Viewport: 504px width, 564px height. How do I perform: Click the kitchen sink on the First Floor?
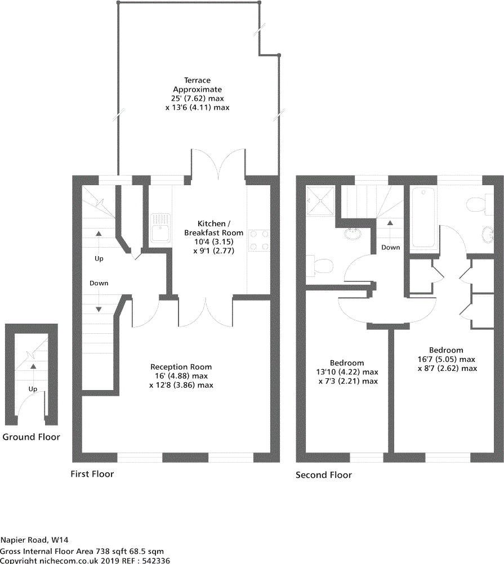tap(161, 229)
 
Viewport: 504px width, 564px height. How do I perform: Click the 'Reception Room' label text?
tap(181, 367)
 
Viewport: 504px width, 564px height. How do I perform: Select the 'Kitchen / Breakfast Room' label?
tap(213, 227)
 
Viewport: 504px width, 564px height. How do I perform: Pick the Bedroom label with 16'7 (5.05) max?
tap(446, 350)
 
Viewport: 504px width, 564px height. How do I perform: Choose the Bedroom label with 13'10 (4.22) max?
tap(347, 363)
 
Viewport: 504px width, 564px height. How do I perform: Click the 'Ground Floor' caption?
tap(31, 437)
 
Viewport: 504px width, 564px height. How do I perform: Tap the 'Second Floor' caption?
tap(324, 475)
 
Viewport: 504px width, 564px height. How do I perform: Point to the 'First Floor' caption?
tap(92, 474)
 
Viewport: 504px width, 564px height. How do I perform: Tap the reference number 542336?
tap(154, 561)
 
